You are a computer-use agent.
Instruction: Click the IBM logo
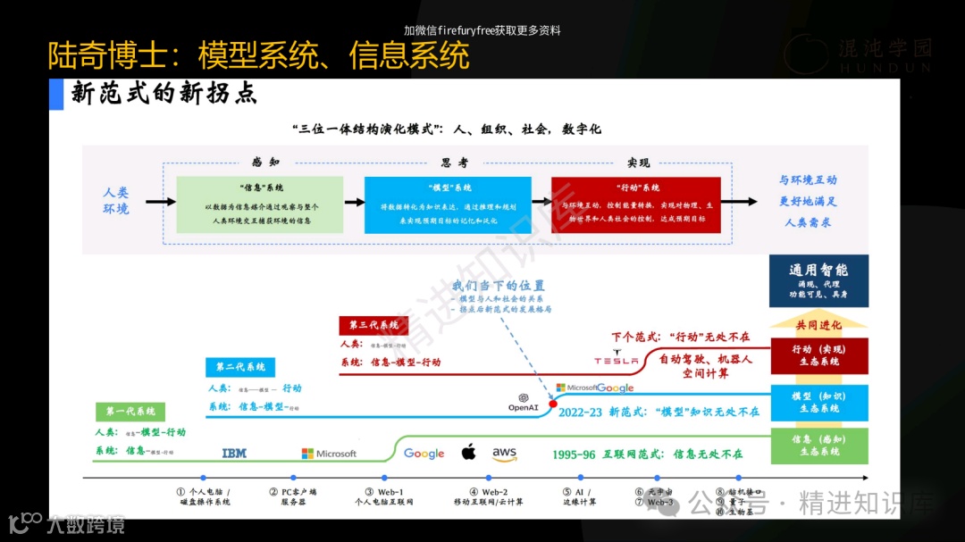234,454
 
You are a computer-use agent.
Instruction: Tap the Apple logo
468,452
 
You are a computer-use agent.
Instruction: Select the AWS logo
504,454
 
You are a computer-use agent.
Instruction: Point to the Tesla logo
617,360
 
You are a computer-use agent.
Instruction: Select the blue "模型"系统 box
448,204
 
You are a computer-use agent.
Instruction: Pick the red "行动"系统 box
635,204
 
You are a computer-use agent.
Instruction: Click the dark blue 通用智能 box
818,280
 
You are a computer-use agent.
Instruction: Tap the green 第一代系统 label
130,412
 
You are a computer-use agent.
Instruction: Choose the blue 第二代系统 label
240,367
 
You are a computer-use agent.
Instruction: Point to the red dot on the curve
553,404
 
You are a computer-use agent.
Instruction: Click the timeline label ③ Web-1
383,496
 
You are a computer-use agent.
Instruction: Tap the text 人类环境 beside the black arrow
116,201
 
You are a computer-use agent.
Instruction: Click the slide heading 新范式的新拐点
164,94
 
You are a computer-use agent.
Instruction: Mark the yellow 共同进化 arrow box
818,323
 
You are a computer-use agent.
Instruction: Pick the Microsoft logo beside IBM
329,454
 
